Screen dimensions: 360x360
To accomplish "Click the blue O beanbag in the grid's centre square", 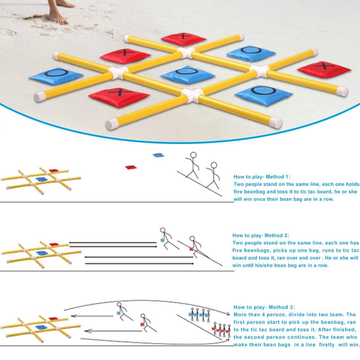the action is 188,75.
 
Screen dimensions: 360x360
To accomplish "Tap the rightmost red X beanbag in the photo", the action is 324,69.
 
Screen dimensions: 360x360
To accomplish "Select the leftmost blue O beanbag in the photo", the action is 56,76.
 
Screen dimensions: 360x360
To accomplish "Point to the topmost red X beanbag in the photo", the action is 184,39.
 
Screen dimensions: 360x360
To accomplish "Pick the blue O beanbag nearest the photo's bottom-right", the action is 264,95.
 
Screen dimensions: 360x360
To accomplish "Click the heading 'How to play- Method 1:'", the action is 262,177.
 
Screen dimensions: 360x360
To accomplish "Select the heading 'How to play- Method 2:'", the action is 261,235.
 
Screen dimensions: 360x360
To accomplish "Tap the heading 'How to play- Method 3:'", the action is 264,307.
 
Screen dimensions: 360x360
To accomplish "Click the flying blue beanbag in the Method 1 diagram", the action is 158,155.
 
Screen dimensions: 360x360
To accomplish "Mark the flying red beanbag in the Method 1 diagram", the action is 131,167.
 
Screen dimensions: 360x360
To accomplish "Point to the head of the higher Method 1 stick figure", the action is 193,155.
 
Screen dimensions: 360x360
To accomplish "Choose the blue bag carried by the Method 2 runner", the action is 162,240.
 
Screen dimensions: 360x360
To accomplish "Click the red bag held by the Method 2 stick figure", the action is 191,249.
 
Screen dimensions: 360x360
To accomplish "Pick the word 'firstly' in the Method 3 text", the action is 327,345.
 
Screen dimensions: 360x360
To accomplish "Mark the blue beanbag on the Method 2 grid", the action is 42,253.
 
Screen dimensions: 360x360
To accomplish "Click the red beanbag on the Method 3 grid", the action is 54,319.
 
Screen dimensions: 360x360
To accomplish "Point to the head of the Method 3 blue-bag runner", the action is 119,305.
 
